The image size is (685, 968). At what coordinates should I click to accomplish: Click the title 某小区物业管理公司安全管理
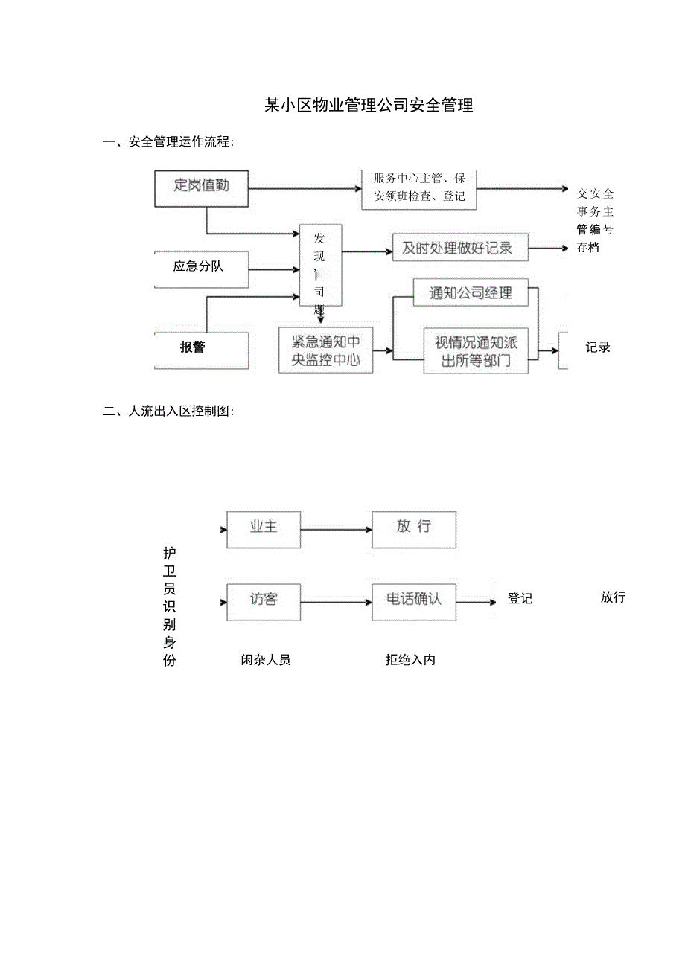[x=369, y=106]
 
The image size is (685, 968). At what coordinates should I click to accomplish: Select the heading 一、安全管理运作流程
[x=168, y=142]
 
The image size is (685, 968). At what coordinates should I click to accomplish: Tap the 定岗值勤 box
[x=201, y=188]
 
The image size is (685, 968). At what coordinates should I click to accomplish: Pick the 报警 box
[x=201, y=347]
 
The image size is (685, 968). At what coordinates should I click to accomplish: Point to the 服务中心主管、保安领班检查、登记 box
[x=419, y=187]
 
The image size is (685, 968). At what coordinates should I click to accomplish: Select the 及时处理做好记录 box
[x=459, y=249]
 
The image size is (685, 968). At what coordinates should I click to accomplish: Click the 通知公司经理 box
[x=471, y=293]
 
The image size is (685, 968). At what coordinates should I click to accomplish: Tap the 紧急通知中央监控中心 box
[x=325, y=350]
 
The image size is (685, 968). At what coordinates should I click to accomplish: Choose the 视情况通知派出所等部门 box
[x=476, y=352]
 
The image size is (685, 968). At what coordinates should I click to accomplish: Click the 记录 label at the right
[x=597, y=347]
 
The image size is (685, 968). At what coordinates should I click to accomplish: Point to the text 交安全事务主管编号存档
[x=595, y=220]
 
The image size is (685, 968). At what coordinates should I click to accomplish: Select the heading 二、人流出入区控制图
[x=168, y=411]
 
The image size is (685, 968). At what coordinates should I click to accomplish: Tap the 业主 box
[x=264, y=528]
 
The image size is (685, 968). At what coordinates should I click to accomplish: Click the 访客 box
[x=264, y=600]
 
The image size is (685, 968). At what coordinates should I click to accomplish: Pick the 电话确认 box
[x=414, y=600]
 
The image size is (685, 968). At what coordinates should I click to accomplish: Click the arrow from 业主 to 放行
[x=336, y=530]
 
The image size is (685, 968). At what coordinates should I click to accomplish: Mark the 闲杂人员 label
[x=266, y=660]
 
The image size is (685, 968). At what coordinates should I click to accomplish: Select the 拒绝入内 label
[x=410, y=660]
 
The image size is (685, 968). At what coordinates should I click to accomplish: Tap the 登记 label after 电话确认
[x=520, y=599]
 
